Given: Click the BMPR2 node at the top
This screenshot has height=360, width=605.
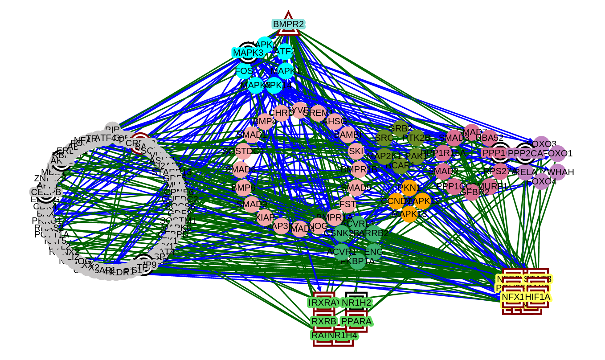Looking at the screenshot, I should coord(288,24).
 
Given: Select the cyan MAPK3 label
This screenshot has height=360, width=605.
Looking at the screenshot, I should coord(248,53).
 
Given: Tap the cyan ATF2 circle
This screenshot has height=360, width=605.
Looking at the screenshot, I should coord(285,52).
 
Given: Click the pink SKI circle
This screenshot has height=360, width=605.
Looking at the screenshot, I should coord(356,151).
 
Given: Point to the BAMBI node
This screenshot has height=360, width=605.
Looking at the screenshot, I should coord(347,135).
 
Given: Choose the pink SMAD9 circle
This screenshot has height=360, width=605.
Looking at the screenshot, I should coord(252,205).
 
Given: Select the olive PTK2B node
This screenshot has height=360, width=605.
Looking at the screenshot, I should coord(417,138).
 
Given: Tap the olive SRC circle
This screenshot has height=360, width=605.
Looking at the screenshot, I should coord(384,138).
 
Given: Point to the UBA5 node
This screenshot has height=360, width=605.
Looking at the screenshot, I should coord(489,138).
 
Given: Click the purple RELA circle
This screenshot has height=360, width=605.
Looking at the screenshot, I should coord(526,172).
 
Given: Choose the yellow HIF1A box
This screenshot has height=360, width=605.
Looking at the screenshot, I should coord(538,297).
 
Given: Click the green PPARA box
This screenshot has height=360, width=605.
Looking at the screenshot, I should coord(356,321).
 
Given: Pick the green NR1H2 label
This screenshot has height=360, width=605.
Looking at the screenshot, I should coord(356,303).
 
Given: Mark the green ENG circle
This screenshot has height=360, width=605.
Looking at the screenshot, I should coord(374,252).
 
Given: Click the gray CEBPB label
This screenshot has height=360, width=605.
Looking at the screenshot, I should coord(46,192).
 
